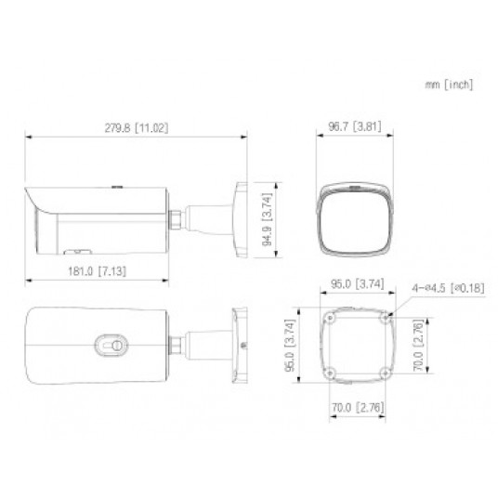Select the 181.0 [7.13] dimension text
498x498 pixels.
pos(95,269)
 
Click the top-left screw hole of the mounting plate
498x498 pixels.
pos(330,317)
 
